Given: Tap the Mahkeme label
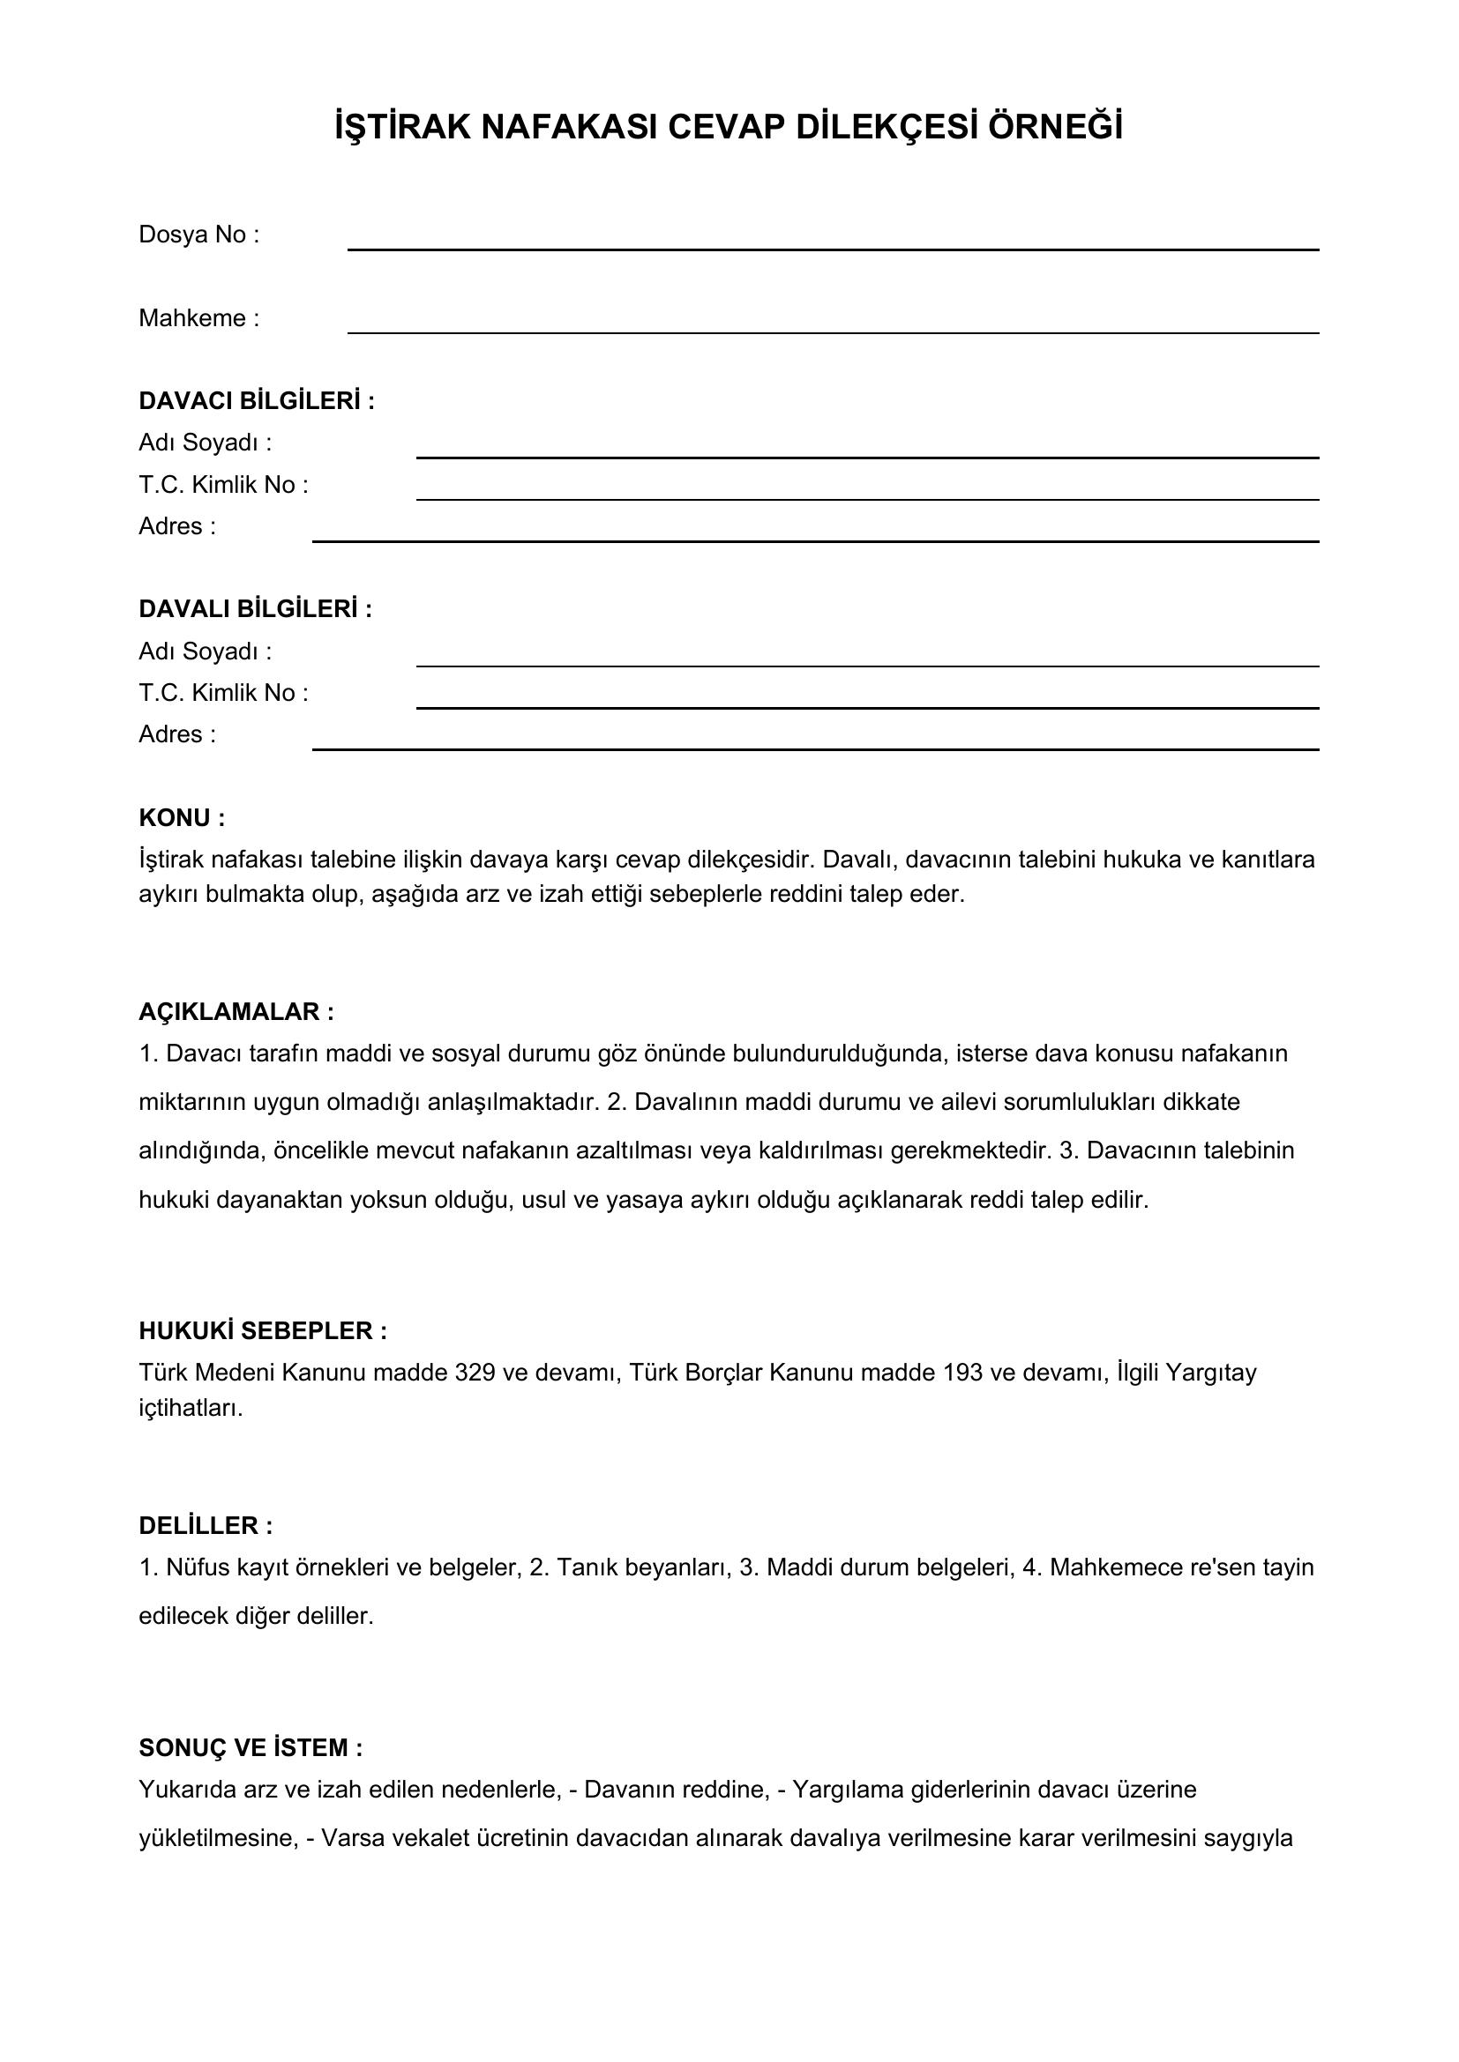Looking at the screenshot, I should pos(198,318).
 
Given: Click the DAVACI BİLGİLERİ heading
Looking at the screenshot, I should pos(256,400).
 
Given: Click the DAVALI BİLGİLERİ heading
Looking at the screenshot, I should pos(255,609).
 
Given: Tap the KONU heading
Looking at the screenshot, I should pos(182,817).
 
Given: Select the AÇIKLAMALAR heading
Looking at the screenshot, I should pos(236,1011).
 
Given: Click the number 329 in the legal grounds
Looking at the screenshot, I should pos(475,1373).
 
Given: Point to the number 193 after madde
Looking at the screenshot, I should pos(963,1373).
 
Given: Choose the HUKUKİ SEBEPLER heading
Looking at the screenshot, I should pos(262,1330).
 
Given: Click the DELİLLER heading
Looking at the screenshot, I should pos(205,1525).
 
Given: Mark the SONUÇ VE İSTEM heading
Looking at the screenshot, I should pos(251,1747).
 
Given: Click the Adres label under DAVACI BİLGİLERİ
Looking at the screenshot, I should pos(177,526).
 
